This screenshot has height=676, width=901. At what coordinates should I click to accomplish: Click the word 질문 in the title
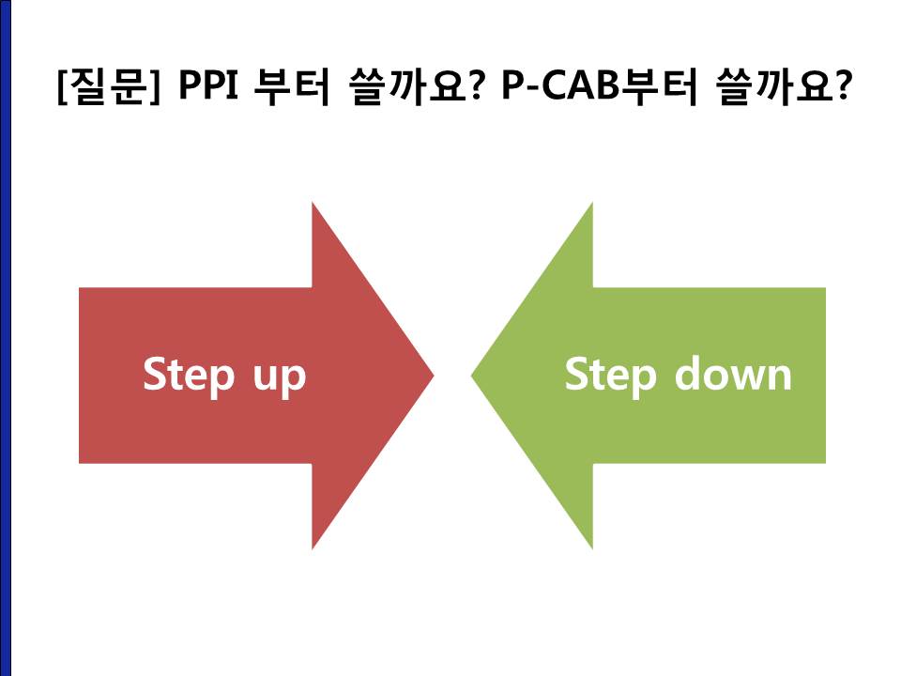pos(107,86)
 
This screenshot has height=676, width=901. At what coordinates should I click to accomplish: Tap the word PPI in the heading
pos(208,85)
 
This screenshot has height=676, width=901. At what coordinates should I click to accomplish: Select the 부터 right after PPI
pos(291,86)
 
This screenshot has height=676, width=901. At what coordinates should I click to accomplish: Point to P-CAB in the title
pos(561,85)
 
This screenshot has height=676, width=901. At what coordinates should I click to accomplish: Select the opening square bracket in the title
pos(63,87)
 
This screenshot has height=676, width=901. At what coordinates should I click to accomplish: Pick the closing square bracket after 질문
pos(153,87)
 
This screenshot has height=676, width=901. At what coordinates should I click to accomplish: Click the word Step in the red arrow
pos(189,376)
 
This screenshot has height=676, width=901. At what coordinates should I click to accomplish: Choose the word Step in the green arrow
pos(611,376)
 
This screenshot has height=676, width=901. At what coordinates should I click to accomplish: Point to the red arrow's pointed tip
pos(434,376)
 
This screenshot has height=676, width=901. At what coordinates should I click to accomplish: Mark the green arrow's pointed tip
pos(472,376)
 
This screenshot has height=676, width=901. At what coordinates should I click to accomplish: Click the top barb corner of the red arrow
pos(312,203)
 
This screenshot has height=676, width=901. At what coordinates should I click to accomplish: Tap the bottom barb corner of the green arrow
pos(592,549)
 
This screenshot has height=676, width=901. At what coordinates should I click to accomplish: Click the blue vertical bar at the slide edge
pos(6,338)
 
